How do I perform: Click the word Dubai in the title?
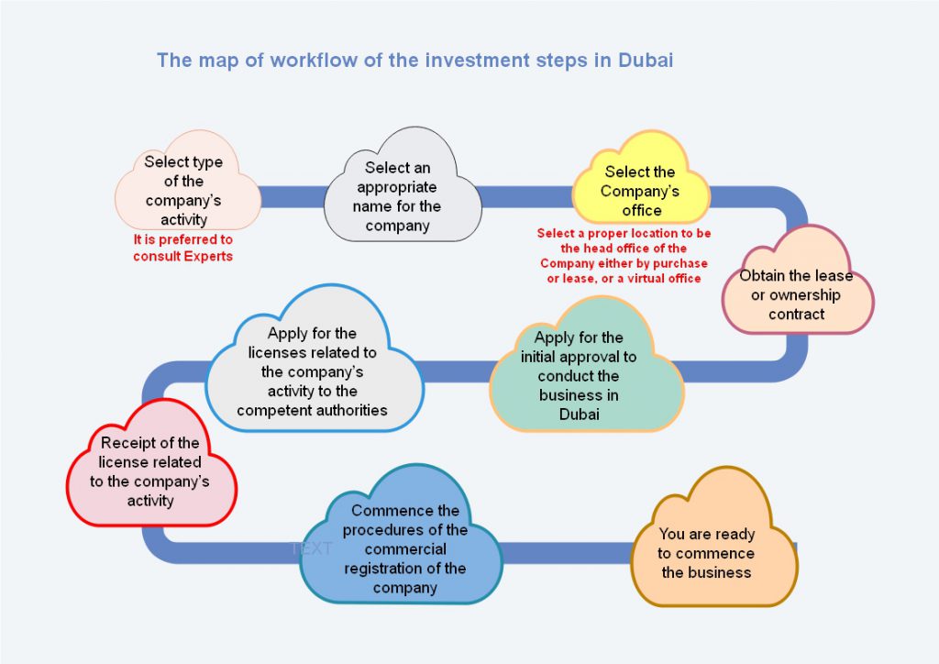(646, 60)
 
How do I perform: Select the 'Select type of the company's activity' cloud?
(187, 182)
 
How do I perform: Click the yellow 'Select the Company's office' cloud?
(641, 179)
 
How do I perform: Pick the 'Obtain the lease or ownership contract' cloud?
(797, 282)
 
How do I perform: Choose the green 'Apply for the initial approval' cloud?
(586, 367)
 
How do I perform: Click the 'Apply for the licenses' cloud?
(314, 360)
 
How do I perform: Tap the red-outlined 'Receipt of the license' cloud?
(151, 465)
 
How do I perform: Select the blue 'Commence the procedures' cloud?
(401, 536)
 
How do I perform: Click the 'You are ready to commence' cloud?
(713, 539)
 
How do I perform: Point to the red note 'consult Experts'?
(182, 256)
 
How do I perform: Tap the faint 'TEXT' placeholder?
(311, 548)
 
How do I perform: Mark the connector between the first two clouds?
(293, 197)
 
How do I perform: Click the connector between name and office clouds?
(527, 197)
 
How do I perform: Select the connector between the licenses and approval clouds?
(457, 371)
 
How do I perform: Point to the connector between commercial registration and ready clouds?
(567, 553)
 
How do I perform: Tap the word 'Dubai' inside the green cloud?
(580, 415)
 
